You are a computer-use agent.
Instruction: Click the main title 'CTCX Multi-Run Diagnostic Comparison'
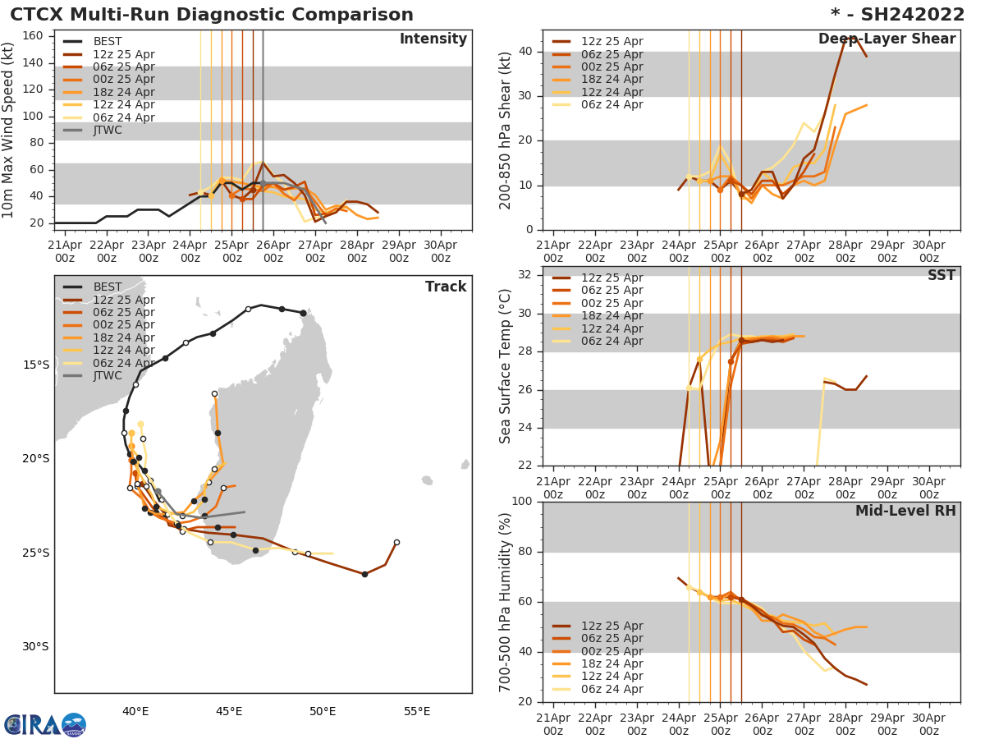tap(212, 15)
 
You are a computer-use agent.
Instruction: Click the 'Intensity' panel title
tap(433, 39)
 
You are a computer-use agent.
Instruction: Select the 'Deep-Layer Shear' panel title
tap(886, 39)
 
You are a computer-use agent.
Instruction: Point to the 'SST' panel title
tap(941, 275)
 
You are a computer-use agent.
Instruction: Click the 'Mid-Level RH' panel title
tap(905, 511)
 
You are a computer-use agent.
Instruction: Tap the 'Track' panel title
tap(446, 287)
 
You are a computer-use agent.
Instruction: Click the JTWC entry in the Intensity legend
tap(107, 130)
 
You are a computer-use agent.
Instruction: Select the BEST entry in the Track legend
tap(107, 287)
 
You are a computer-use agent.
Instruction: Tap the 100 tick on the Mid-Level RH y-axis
tap(521, 502)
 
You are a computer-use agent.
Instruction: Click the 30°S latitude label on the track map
tap(35, 646)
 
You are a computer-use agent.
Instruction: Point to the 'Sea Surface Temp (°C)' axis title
tap(506, 366)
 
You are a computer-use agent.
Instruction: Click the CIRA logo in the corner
tap(45, 725)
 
